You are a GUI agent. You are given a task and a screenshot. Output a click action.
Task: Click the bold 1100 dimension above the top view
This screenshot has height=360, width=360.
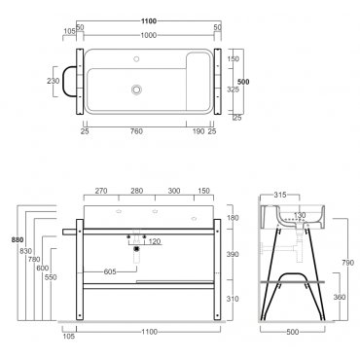coord(149,21)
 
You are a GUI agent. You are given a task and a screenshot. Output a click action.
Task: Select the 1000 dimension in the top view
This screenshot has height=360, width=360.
coord(149,35)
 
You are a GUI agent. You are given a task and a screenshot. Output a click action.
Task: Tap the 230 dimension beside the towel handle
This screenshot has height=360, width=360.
coord(54,81)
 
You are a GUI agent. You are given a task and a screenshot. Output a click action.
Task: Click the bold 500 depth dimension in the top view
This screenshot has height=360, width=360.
coord(243,82)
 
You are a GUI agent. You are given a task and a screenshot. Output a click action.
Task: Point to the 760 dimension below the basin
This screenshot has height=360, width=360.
coord(136,131)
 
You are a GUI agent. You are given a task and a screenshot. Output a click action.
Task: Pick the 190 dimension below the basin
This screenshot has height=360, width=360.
coord(198,131)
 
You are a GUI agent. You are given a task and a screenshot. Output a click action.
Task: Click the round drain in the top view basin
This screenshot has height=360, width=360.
coord(136,90)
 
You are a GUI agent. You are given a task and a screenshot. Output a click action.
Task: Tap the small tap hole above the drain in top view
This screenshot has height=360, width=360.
coord(136,59)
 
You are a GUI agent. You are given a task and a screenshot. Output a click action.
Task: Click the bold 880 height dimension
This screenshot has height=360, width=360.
coord(18,240)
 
